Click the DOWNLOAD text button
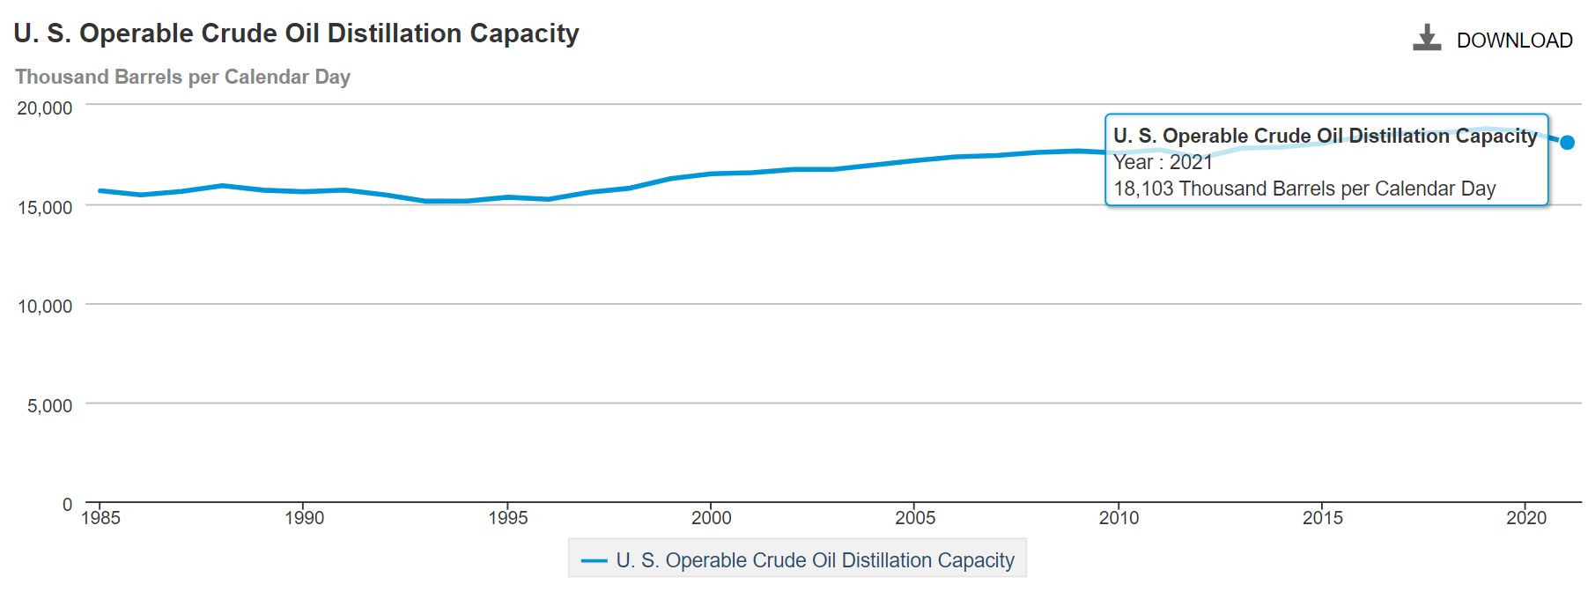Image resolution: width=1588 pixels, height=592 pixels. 1514,41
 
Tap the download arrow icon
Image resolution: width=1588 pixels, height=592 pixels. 1427,38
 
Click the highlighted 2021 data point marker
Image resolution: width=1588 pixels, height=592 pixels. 1567,143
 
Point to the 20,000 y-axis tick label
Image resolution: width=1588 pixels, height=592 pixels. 45,108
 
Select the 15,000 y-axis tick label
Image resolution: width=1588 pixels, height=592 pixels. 45,208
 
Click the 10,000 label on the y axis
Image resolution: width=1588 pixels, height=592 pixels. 45,307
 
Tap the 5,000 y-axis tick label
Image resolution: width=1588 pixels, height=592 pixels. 50,406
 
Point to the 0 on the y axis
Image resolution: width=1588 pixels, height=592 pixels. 67,505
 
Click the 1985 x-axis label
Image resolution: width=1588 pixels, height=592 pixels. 101,518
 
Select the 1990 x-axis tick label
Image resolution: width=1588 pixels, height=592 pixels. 304,518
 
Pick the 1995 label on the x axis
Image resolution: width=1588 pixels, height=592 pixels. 508,518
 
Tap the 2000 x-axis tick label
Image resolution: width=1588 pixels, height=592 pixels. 711,518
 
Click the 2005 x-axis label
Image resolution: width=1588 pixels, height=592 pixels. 915,518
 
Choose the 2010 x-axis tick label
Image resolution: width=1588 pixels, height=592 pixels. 1119,518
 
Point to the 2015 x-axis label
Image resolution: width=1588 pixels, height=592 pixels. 1323,518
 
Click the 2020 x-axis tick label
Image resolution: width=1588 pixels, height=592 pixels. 1526,518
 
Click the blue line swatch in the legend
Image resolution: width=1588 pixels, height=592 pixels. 595,561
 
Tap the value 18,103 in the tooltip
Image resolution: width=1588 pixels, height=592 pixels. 1143,189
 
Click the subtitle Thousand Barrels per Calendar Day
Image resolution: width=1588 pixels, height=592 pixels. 182,78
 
